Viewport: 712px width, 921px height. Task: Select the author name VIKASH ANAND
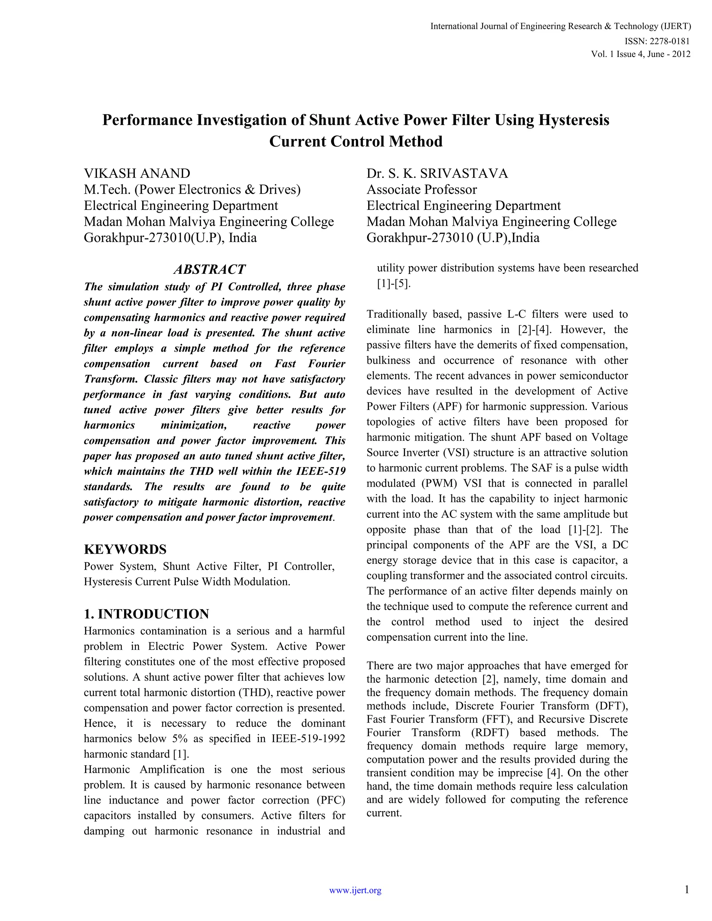point(137,173)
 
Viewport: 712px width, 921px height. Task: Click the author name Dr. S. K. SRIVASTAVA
point(437,173)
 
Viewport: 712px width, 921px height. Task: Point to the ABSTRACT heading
point(210,269)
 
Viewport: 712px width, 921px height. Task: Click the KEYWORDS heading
point(125,549)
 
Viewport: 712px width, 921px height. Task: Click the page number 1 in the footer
point(687,890)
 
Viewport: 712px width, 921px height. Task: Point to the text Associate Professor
point(421,189)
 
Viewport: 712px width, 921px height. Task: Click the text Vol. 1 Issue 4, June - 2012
point(641,54)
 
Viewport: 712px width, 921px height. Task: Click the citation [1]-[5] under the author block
point(394,284)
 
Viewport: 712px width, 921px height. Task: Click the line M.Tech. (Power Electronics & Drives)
point(192,189)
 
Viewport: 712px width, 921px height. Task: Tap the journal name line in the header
point(560,26)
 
